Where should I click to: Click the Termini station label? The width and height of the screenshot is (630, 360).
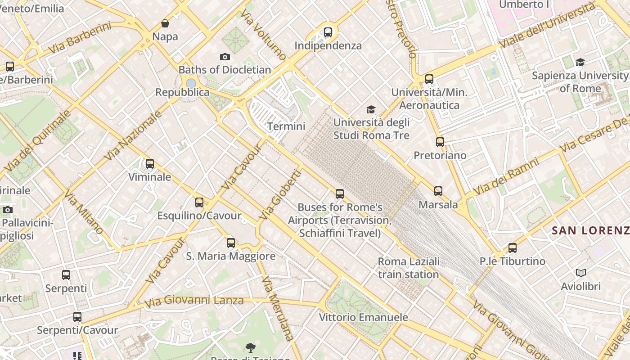(286, 126)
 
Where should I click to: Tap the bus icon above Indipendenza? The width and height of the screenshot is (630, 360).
(328, 32)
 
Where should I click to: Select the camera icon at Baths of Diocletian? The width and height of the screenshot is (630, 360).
(225, 57)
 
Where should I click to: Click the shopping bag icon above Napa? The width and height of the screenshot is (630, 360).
(165, 23)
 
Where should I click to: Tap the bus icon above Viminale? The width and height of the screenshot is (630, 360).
(150, 164)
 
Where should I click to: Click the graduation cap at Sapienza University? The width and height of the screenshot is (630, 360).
(580, 63)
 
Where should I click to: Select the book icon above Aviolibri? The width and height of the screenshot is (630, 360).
(580, 273)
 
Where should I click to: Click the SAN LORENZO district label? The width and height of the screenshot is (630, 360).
(590, 231)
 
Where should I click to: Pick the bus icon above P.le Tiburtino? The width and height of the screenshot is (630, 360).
(512, 248)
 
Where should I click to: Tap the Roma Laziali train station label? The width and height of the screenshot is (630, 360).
(409, 268)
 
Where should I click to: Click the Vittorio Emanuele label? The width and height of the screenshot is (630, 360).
(364, 317)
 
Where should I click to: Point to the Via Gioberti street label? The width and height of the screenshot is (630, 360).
(280, 194)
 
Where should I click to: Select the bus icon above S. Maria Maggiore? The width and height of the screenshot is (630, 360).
(231, 243)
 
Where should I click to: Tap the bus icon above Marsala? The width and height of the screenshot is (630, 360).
(438, 191)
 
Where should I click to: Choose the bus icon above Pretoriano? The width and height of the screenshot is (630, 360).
(440, 142)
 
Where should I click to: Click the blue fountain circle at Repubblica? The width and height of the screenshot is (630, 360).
(191, 83)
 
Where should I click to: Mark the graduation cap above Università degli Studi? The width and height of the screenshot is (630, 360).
(371, 109)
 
